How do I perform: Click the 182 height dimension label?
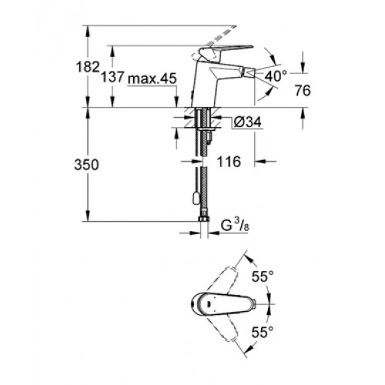pos(88,67)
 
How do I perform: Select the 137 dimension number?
pos(112,76)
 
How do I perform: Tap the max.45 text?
pos(152,79)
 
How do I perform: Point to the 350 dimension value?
pos(86,165)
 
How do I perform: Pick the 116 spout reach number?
pos(229,162)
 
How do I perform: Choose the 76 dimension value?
pos(303,90)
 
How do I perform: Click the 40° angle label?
pos(276,76)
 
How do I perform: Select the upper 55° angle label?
pos(263,276)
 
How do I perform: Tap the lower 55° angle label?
pos(262,333)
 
